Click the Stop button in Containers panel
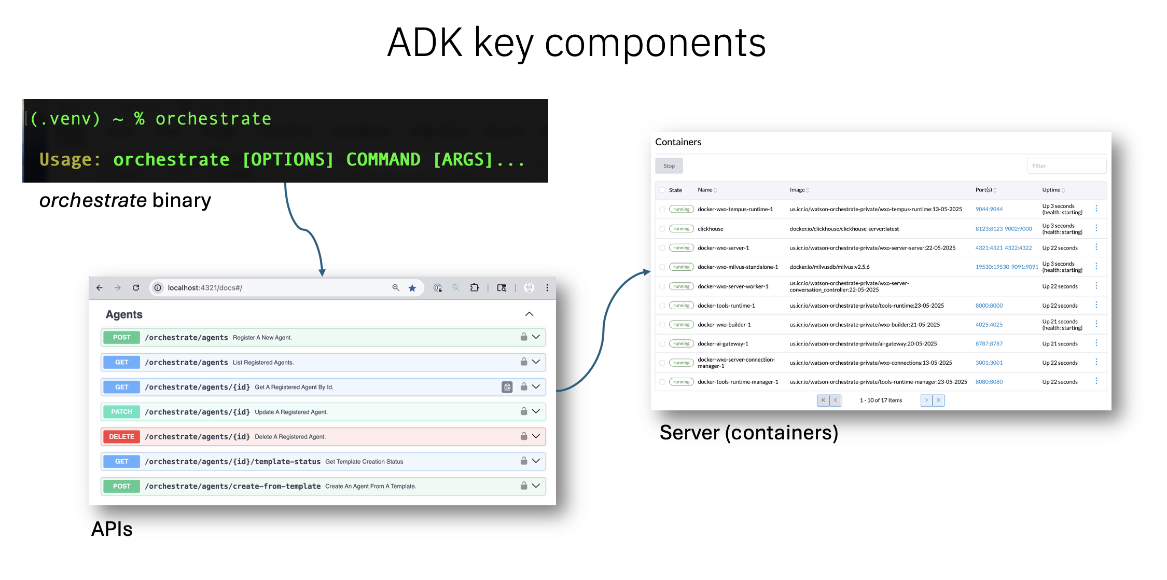coord(669,166)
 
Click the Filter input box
coord(1066,166)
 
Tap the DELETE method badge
coord(121,437)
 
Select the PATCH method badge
coord(121,412)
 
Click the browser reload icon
coord(136,287)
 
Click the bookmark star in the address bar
coord(412,288)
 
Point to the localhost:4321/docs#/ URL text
coord(205,288)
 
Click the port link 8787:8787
coord(989,344)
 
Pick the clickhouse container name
coord(711,229)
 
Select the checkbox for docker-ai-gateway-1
coord(662,344)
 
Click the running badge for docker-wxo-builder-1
coord(682,325)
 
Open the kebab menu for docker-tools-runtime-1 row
coord(1096,305)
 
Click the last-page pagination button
coord(938,401)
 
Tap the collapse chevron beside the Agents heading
coord(529,314)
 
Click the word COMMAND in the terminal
coord(383,159)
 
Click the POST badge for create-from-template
coord(121,487)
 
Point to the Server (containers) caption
coord(749,433)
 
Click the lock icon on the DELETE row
coord(524,436)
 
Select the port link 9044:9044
coord(989,210)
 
